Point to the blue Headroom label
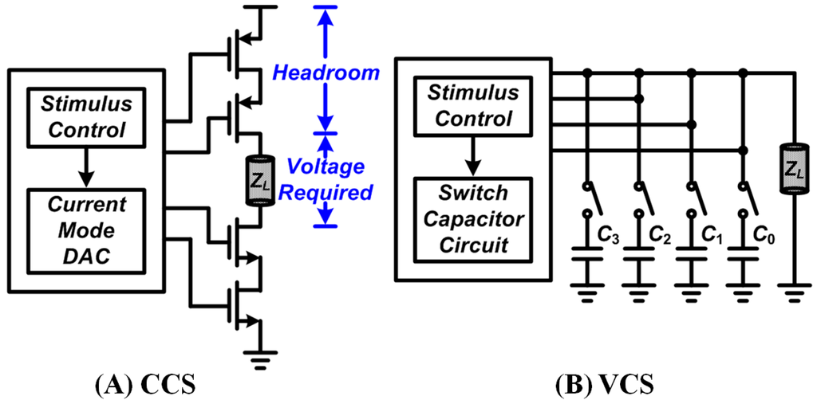tap(326, 73)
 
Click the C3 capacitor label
tap(610, 237)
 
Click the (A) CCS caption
tap(145, 384)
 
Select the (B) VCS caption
tap(603, 384)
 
